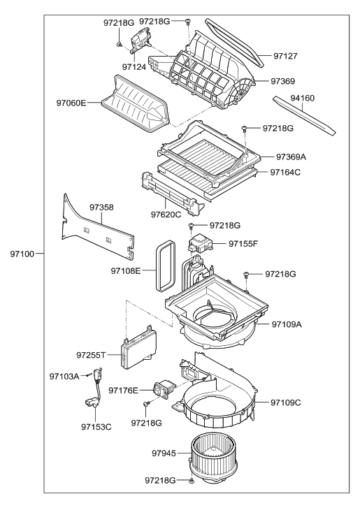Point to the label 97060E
[x=72, y=103]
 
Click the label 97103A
[x=65, y=376]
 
